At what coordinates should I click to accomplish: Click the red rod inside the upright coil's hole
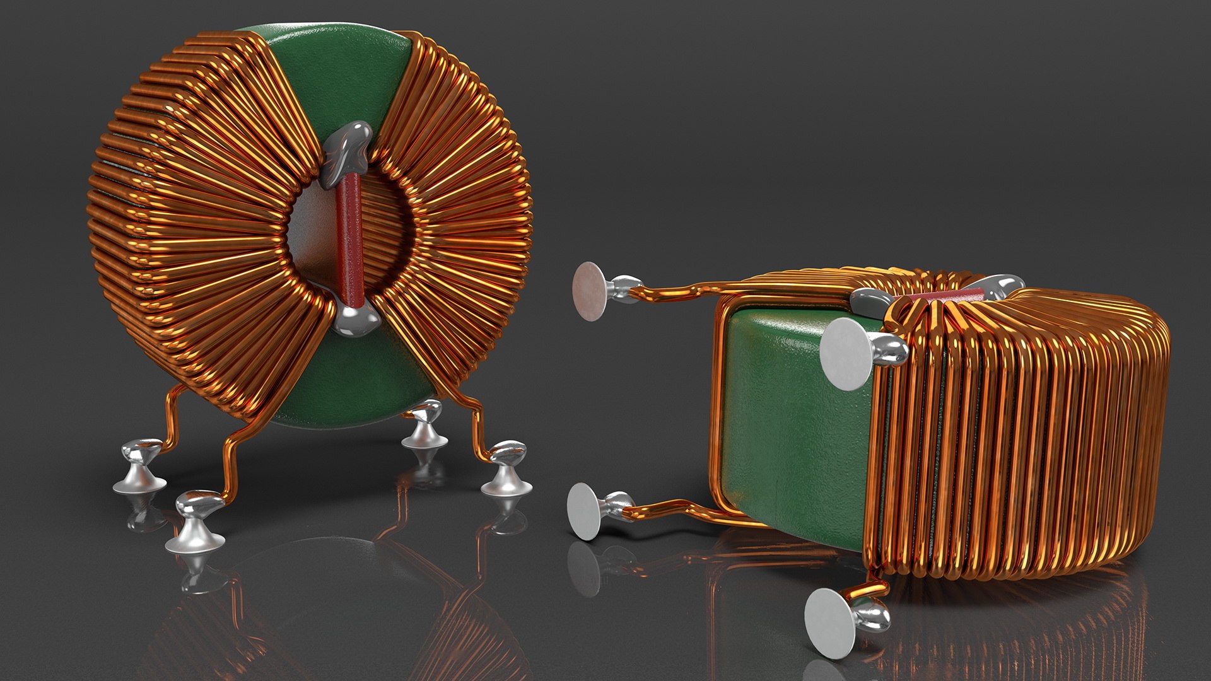[x=348, y=240]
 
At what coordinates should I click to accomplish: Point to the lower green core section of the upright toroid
[x=353, y=391]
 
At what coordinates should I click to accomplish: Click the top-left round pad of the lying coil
[x=589, y=291]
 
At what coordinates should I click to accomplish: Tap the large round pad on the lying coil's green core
[x=847, y=353]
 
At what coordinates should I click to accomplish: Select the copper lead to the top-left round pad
[x=681, y=291]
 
